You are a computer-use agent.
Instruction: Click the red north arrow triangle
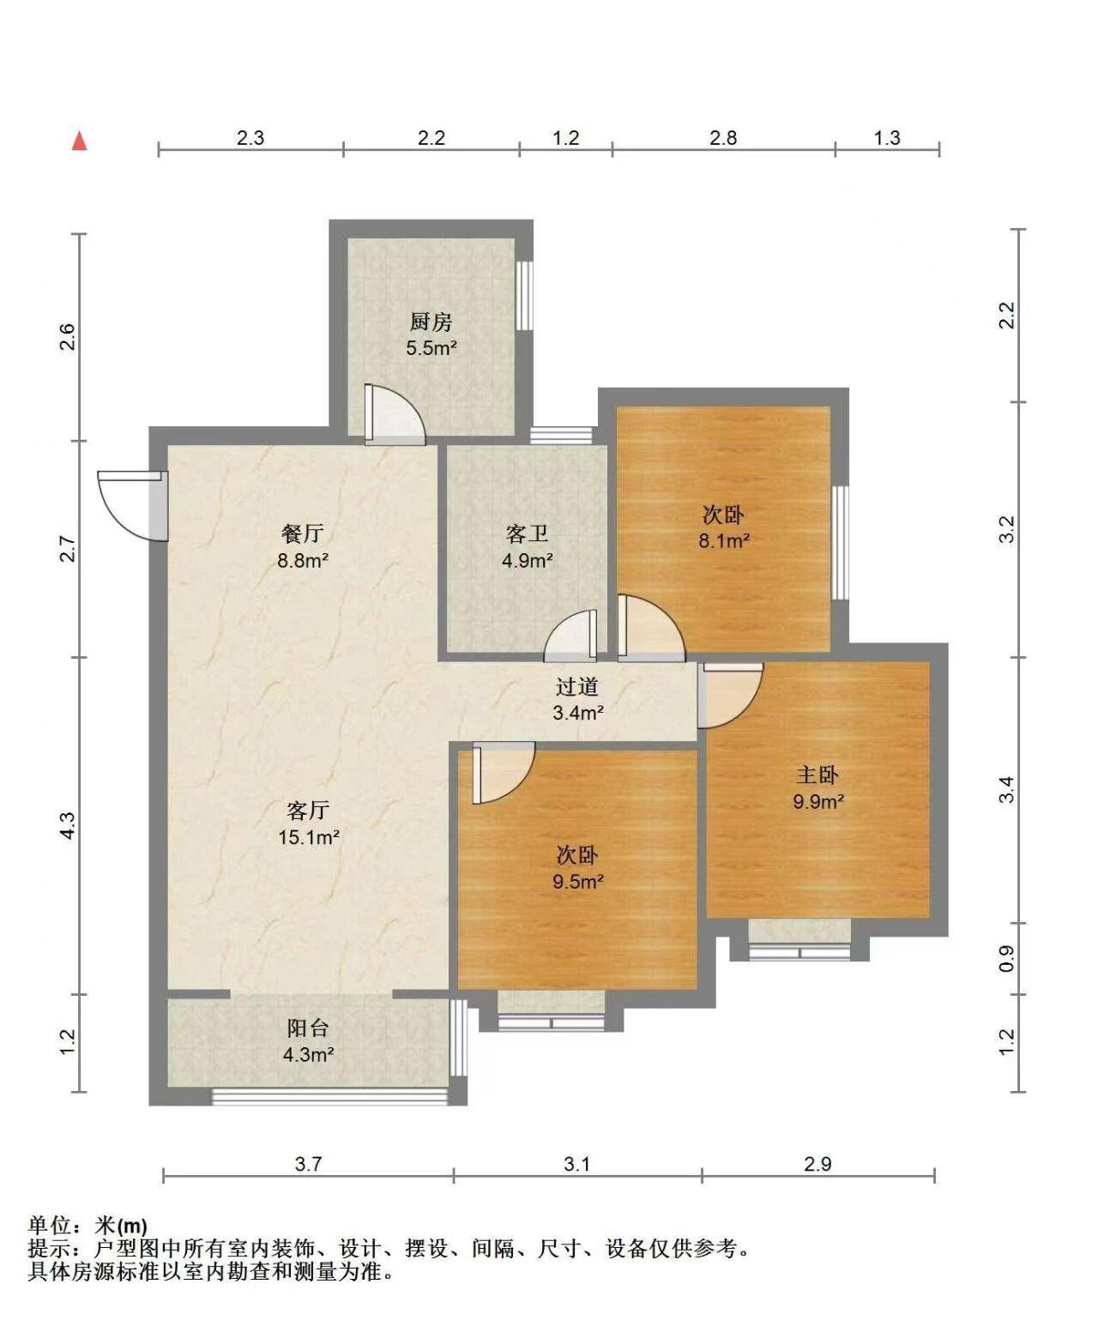(79, 141)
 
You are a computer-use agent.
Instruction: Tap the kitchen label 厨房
(431, 322)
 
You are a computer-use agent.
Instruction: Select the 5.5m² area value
(431, 348)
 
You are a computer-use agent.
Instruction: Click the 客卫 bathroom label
(527, 534)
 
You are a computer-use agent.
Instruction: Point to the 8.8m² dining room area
(303, 561)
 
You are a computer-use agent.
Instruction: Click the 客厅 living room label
(308, 811)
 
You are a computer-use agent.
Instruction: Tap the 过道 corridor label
(577, 686)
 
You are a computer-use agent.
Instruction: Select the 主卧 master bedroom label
(818, 775)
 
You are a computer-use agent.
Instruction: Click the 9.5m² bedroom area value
(578, 882)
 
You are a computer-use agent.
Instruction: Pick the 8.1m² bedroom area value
(724, 541)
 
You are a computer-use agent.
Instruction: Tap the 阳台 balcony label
(308, 1028)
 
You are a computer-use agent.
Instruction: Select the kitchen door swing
(395, 414)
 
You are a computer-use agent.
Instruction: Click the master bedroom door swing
(730, 696)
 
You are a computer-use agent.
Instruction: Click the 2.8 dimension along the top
(723, 138)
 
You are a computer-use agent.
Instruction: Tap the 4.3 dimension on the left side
(68, 826)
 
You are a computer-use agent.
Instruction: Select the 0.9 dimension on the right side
(1007, 958)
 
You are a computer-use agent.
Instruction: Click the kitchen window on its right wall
(524, 296)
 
